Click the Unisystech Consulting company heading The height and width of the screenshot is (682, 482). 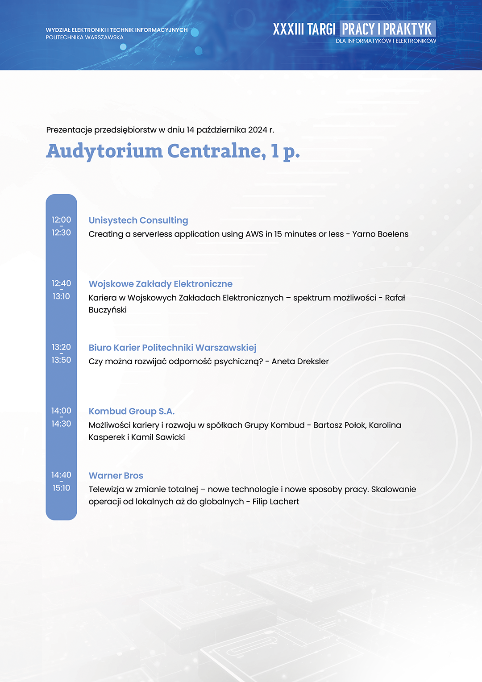[x=138, y=220]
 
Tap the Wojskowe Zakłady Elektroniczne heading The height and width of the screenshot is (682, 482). [x=161, y=284]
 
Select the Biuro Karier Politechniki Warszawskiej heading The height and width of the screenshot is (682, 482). [x=172, y=348]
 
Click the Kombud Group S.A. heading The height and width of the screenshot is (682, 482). [x=132, y=412]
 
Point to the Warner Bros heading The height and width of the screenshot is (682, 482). [x=116, y=476]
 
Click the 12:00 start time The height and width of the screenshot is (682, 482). [x=61, y=220]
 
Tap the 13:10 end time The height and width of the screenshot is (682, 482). [x=61, y=296]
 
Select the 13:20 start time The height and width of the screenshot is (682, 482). [x=61, y=347]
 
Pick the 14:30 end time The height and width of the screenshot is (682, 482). [x=61, y=424]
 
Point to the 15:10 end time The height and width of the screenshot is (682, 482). [x=61, y=488]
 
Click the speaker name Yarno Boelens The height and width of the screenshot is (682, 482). [x=380, y=234]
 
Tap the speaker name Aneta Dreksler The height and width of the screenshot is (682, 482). [x=300, y=362]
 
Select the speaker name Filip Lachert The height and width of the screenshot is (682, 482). [x=276, y=501]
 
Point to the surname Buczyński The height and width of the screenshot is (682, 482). [x=108, y=310]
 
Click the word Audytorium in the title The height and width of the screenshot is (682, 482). [x=104, y=151]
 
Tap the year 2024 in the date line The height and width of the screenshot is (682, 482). [x=258, y=130]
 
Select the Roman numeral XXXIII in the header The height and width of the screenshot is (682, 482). [x=289, y=29]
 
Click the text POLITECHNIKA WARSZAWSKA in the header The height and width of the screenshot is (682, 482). [x=85, y=37]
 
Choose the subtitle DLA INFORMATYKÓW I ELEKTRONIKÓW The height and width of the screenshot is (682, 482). [x=386, y=41]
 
